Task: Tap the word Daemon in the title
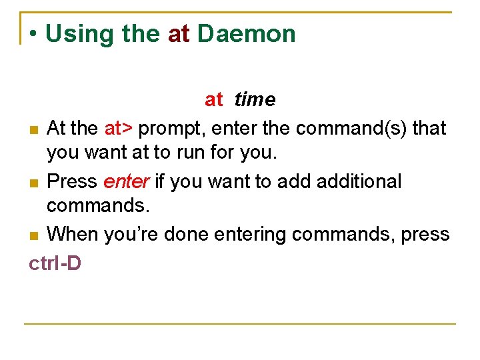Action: click(247, 34)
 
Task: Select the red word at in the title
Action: click(179, 34)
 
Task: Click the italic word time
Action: click(255, 100)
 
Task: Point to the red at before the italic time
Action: click(213, 100)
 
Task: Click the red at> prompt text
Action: click(119, 127)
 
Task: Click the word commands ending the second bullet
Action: click(99, 206)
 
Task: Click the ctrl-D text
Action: click(55, 263)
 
